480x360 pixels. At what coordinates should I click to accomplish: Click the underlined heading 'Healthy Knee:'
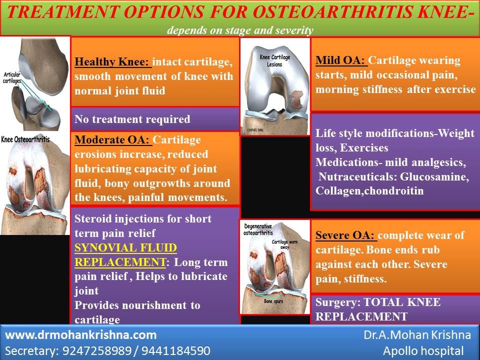tap(112, 63)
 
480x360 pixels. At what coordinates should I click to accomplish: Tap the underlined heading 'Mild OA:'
tap(341, 60)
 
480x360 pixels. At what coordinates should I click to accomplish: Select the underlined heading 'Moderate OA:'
tap(113, 140)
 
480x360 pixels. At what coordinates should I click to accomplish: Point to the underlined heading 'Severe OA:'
tap(346, 235)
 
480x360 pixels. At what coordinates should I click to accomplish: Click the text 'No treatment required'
tap(132, 119)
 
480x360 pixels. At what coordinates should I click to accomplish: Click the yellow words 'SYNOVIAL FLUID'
tap(125, 247)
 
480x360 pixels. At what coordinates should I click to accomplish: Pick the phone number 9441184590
tap(177, 350)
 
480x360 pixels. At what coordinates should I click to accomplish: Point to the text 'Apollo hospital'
tap(423, 350)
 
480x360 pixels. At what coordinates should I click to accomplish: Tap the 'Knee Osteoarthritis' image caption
tap(25, 139)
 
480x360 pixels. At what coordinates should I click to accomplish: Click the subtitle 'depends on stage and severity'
tap(240, 30)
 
